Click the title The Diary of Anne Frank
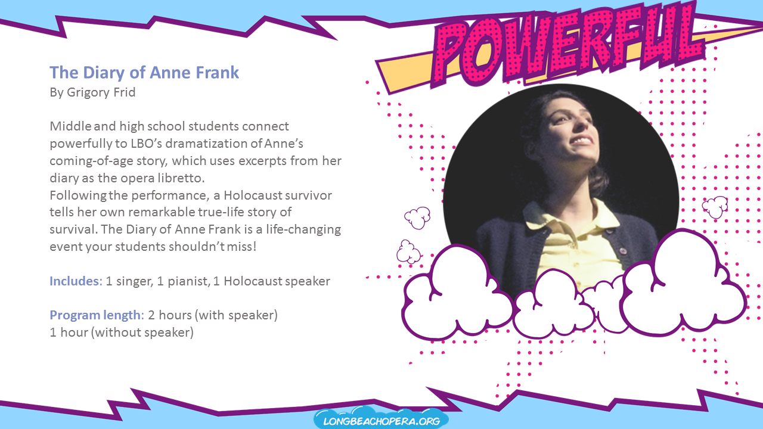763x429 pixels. (x=144, y=73)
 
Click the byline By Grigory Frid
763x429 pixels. (x=92, y=92)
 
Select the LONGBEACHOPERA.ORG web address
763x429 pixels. (x=381, y=421)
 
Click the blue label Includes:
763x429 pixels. (x=76, y=281)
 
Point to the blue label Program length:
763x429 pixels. (x=97, y=315)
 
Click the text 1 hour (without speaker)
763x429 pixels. (x=122, y=332)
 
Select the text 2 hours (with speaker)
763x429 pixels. (x=213, y=315)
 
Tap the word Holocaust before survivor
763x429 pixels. (x=252, y=195)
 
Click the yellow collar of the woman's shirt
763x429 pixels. (x=567, y=215)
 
